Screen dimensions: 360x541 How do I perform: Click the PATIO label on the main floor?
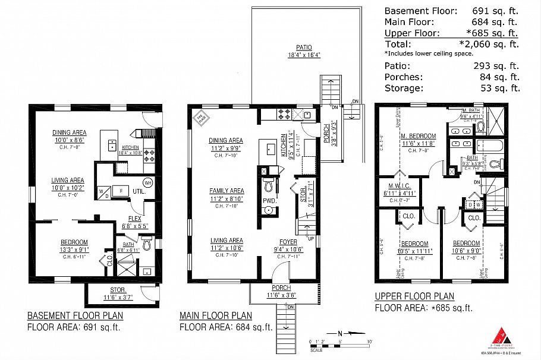pos(303,47)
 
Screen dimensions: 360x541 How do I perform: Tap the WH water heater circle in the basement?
pos(147,182)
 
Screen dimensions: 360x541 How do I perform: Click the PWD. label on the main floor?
pos(269,201)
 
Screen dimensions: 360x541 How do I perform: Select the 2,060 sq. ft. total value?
pos(489,44)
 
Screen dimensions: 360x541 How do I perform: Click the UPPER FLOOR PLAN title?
pos(414,296)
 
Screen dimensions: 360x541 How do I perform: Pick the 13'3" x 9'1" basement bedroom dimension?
pos(74,250)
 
